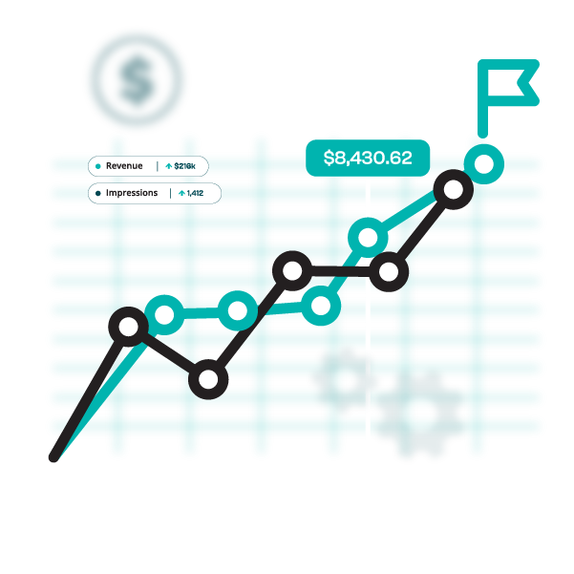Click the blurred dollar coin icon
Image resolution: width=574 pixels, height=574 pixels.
[x=137, y=80]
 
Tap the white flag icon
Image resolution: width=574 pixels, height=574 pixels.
[x=505, y=83]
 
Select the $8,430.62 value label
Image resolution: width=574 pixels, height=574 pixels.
[x=368, y=158]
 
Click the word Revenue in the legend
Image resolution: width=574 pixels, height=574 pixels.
[x=124, y=166]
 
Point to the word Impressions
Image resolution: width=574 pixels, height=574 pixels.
[x=132, y=193]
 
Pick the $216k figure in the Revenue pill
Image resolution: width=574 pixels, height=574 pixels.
[x=184, y=166]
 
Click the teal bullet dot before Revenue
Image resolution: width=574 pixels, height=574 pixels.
[x=98, y=166]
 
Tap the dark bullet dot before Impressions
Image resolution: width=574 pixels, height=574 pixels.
[x=98, y=193]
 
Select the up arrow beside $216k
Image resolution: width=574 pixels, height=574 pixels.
[x=169, y=166]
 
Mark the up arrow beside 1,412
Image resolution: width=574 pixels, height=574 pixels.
[x=181, y=193]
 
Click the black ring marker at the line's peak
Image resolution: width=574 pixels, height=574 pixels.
[x=453, y=189]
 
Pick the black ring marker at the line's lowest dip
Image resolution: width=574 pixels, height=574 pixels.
[x=208, y=381]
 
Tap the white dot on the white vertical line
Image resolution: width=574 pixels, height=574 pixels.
[x=368, y=238]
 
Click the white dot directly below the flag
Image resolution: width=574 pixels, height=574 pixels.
[x=484, y=164]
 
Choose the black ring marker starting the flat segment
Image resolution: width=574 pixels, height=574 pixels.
[x=292, y=271]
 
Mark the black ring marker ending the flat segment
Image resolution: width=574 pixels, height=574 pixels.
[x=388, y=272]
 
